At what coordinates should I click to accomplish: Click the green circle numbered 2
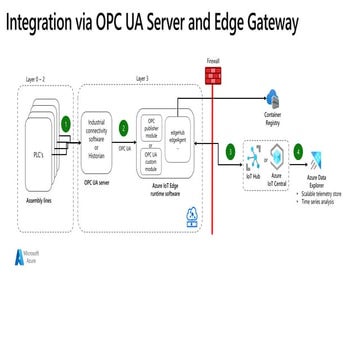coord(123,128)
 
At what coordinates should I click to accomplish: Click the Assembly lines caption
coord(42,200)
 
